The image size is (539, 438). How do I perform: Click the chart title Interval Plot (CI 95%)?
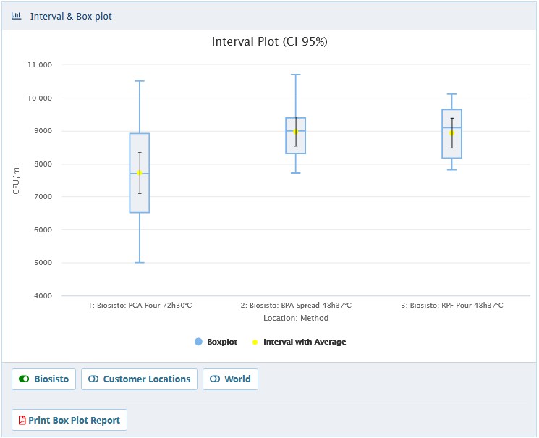click(x=269, y=42)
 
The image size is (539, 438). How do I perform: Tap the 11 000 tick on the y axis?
click(x=39, y=65)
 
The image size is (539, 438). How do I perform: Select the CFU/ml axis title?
click(x=17, y=180)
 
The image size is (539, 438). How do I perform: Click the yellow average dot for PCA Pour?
click(x=140, y=173)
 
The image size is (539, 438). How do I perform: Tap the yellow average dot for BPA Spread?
click(x=296, y=131)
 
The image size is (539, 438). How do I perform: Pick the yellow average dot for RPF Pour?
click(x=451, y=133)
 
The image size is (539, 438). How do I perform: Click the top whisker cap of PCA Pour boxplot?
click(x=140, y=81)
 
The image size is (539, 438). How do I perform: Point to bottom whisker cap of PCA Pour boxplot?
click(x=140, y=262)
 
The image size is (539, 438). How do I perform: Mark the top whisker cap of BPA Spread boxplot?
click(x=296, y=75)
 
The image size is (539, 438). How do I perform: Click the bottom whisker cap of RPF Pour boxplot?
click(x=451, y=169)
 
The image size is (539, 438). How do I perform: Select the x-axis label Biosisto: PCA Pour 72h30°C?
click(x=140, y=306)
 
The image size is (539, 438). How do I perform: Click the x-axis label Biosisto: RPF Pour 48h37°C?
click(x=452, y=306)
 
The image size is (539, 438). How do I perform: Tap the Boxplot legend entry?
click(x=216, y=342)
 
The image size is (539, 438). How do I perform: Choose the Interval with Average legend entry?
click(x=299, y=342)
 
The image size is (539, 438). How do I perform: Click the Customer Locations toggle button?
click(x=140, y=379)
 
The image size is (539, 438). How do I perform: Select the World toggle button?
click(x=231, y=379)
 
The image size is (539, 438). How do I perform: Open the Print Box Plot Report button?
click(x=69, y=421)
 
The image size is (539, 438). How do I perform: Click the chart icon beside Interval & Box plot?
click(x=16, y=16)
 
